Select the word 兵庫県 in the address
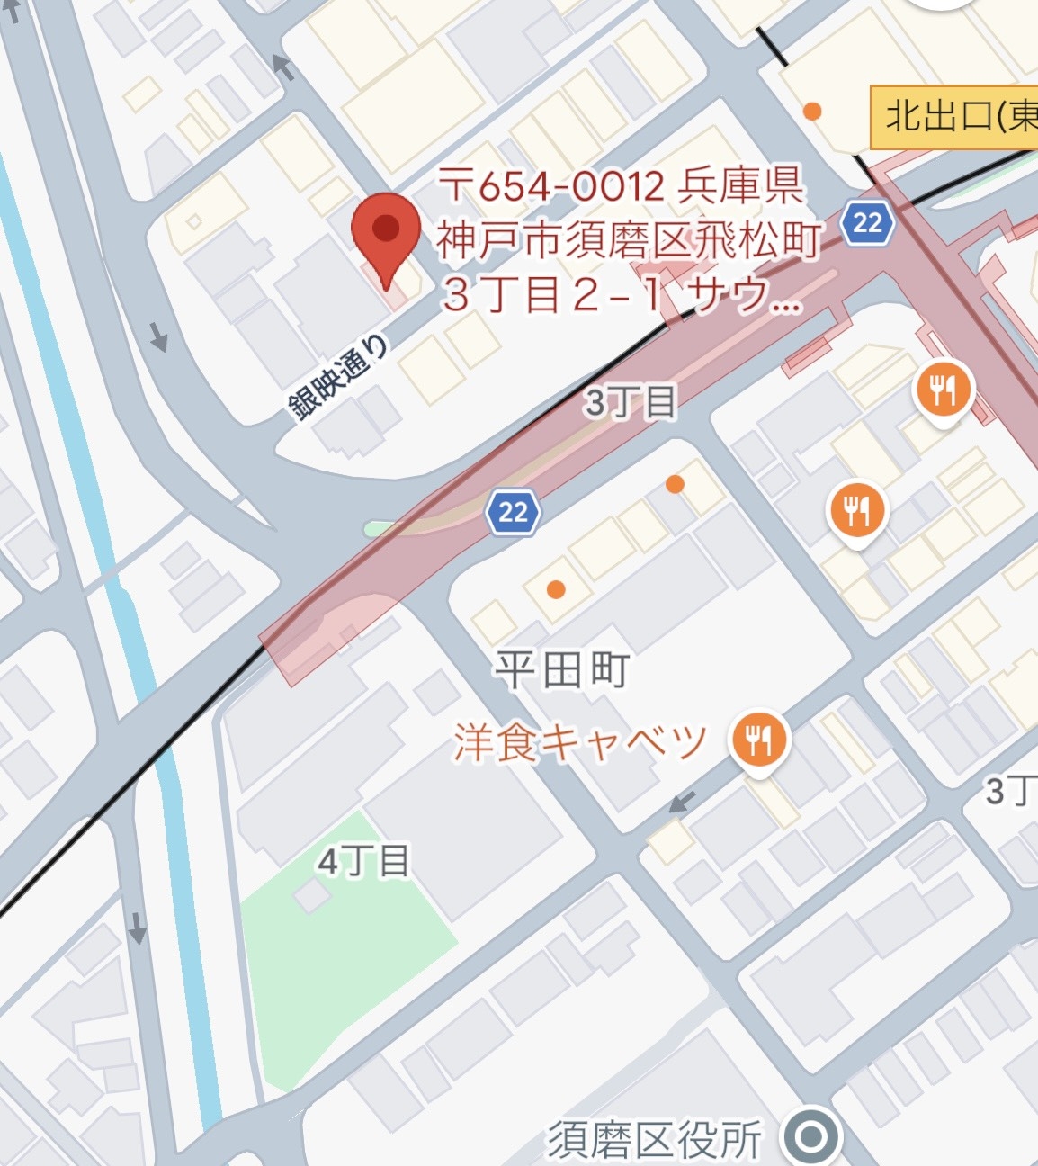coord(740,187)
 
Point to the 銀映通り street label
coord(339,379)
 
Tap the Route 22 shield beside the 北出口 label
coord(868,221)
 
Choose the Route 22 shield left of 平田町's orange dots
coord(513,513)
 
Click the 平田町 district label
coord(562,671)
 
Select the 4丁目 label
coord(363,862)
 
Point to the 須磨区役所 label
coord(656,1140)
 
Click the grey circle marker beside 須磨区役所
coord(810,1137)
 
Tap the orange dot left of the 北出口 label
coord(812,112)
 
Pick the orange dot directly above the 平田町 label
coord(556,590)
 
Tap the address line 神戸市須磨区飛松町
coord(629,241)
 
